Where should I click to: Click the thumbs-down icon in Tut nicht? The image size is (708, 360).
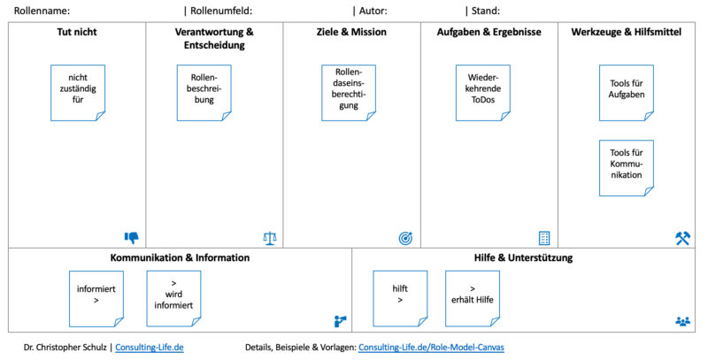tap(132, 237)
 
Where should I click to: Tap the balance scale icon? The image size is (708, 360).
tap(269, 238)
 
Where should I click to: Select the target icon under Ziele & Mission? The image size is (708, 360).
tap(405, 238)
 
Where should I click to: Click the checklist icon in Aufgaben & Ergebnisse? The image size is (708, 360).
tap(544, 238)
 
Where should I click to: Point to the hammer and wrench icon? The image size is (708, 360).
tap(682, 238)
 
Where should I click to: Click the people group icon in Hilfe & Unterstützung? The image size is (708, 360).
tap(682, 321)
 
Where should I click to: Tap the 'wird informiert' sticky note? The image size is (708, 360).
tap(173, 298)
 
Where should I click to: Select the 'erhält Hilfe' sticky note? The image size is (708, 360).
tap(473, 298)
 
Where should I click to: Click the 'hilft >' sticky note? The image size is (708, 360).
tap(400, 298)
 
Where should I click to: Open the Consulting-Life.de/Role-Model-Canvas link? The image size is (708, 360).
tap(431, 348)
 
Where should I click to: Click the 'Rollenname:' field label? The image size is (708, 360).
tap(42, 11)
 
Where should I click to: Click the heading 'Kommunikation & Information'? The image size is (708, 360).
tap(180, 257)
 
